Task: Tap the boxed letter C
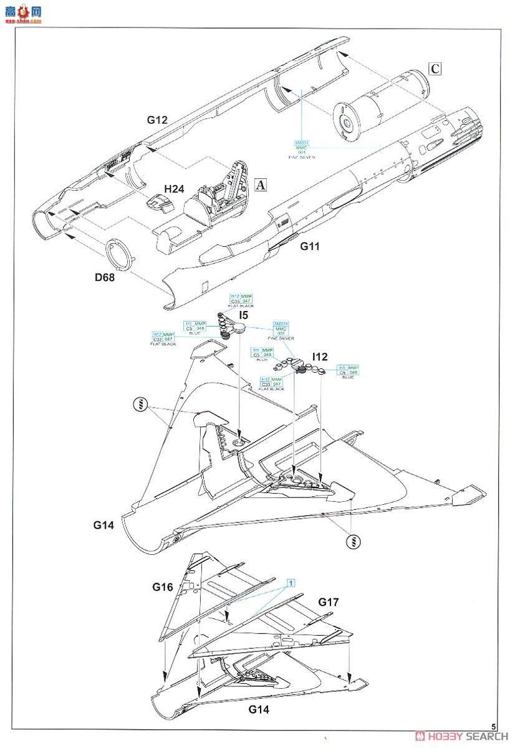(x=435, y=69)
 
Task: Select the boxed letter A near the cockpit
(x=262, y=185)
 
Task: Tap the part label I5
(x=244, y=316)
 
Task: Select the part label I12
(x=320, y=357)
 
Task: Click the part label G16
(x=163, y=587)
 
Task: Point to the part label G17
(x=329, y=602)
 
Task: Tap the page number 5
(x=493, y=727)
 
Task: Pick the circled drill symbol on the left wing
(x=142, y=406)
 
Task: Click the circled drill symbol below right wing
(x=352, y=540)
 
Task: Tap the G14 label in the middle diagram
(x=104, y=525)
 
